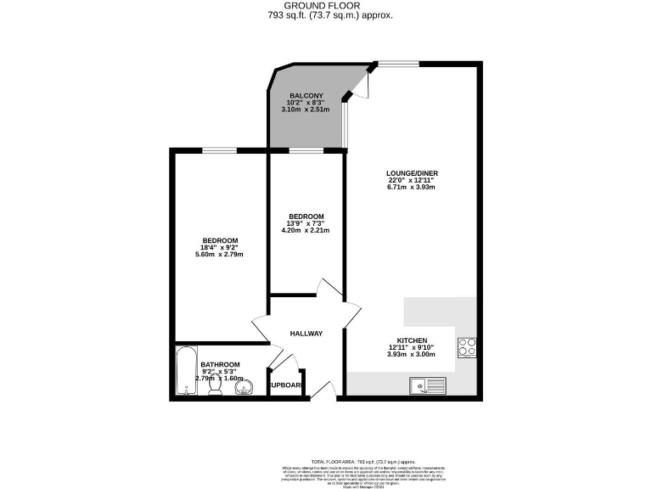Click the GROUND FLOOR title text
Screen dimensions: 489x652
pos(326,5)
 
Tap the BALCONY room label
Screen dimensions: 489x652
pos(306,95)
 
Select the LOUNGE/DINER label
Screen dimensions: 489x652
pos(413,172)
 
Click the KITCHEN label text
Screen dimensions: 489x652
pos(411,340)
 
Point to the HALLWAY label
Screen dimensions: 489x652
pos(306,334)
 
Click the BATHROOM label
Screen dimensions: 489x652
pos(219,364)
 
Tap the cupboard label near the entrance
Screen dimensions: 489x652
pos(286,385)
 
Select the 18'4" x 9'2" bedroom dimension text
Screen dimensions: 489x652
pos(219,247)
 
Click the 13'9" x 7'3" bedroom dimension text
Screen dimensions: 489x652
pos(306,223)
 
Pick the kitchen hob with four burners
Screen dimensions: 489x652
pos(467,346)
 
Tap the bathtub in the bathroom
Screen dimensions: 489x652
pos(186,371)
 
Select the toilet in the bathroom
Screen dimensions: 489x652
pos(216,387)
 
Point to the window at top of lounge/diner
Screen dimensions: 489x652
pos(398,63)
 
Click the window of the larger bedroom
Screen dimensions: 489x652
pos(219,151)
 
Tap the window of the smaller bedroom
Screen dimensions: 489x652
pos(306,151)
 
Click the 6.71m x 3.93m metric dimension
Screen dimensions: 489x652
pos(413,188)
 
